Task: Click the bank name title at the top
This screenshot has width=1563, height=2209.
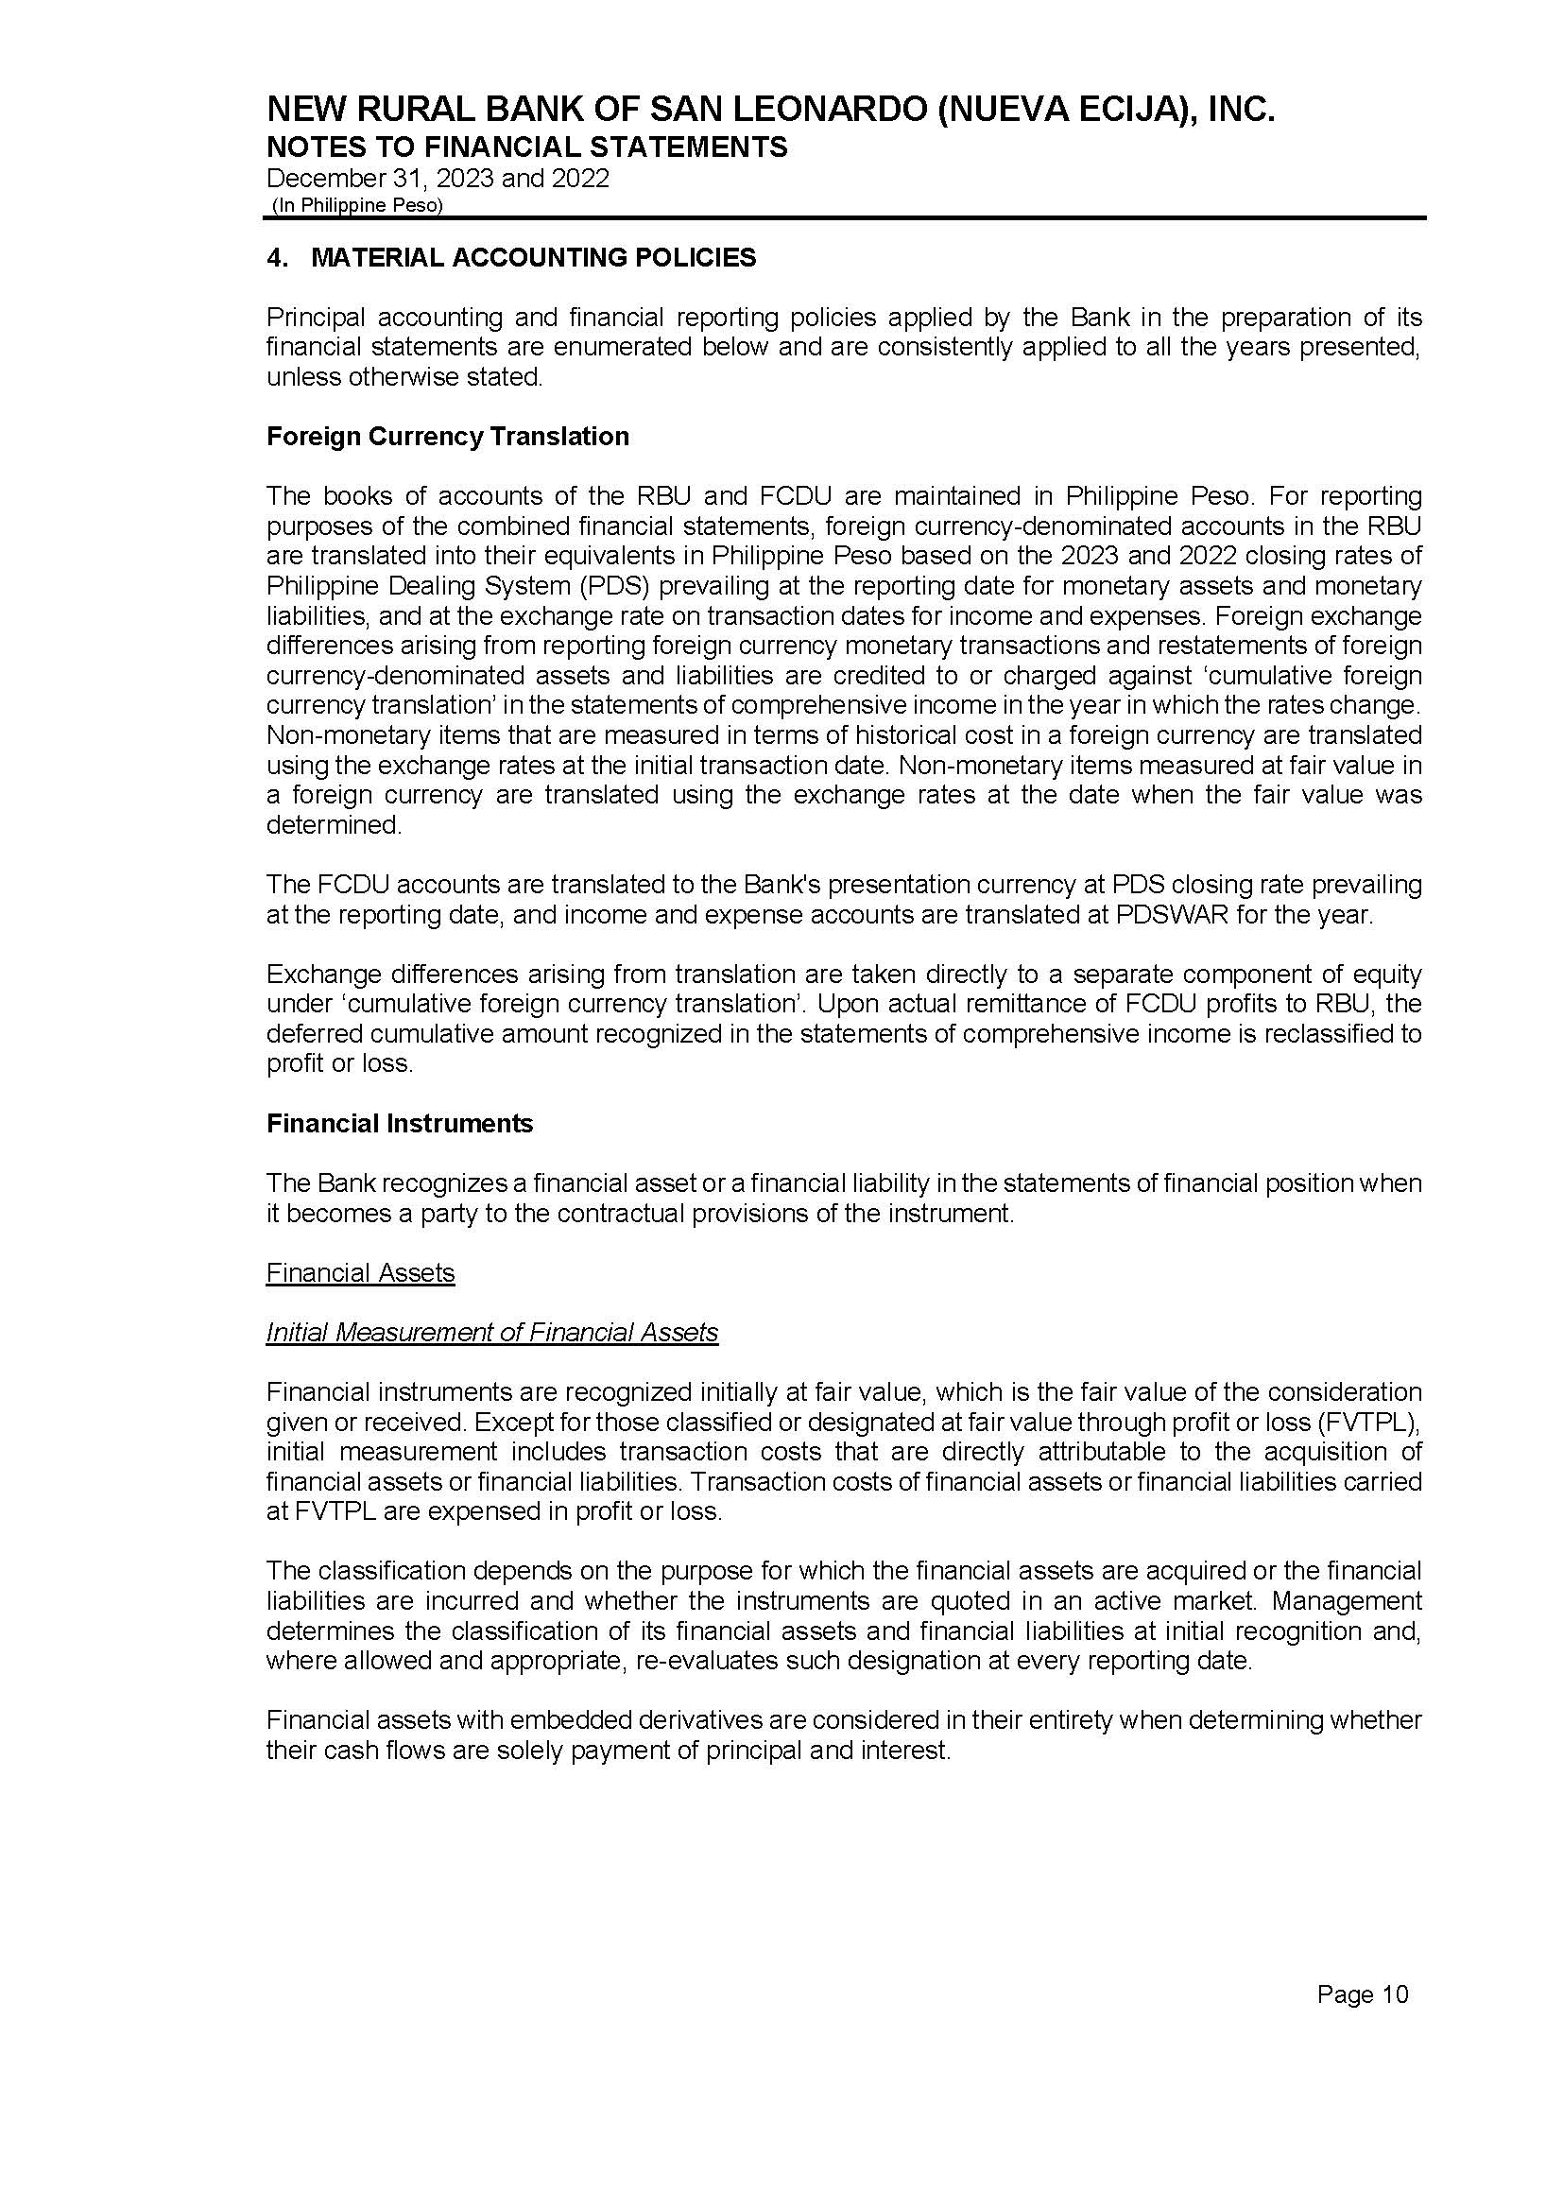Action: (770, 111)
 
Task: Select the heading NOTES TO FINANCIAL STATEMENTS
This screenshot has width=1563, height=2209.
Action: (526, 147)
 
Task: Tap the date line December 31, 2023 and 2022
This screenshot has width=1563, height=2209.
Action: (437, 179)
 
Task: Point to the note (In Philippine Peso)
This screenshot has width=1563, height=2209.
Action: (357, 205)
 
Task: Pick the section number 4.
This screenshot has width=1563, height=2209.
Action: (276, 258)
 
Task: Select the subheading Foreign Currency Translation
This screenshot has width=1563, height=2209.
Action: (448, 437)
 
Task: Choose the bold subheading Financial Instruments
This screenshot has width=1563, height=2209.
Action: (400, 1123)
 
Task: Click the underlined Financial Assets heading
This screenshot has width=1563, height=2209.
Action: (360, 1273)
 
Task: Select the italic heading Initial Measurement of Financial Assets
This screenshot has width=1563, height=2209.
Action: (491, 1333)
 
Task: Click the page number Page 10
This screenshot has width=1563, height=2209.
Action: (1362, 1994)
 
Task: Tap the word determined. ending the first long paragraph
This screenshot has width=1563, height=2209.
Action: (333, 825)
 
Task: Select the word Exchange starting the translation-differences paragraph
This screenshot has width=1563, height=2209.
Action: (323, 975)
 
